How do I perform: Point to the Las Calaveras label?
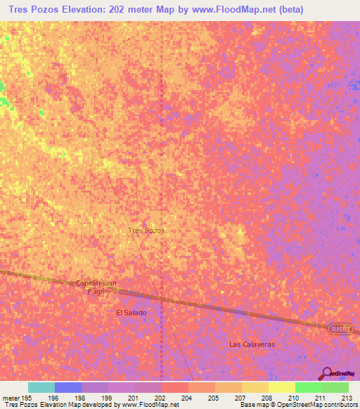(252, 344)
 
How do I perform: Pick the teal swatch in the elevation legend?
(41, 387)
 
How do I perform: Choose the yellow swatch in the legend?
(281, 387)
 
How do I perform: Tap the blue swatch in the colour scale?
(68, 387)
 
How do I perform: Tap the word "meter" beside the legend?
(11, 398)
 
